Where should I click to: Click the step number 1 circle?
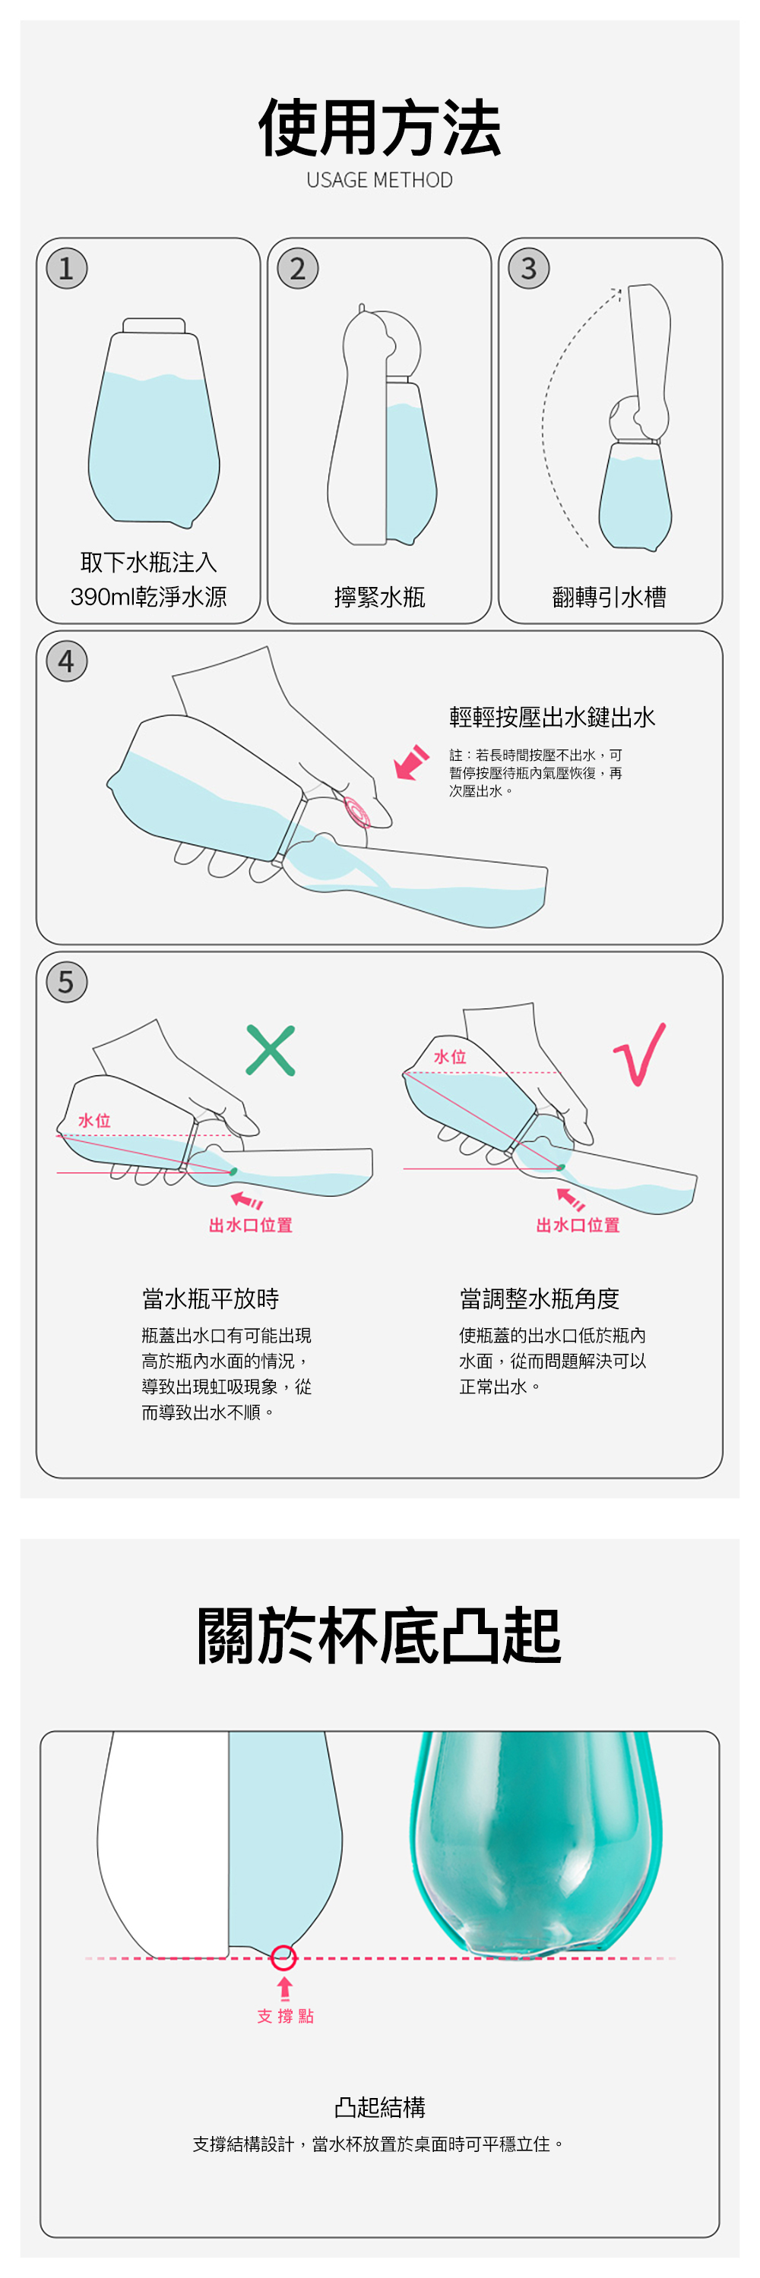coord(66,268)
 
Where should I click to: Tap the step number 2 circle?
coord(297,268)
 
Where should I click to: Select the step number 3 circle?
coord(529,268)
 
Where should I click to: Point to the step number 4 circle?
coord(66,661)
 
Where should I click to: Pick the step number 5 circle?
coord(66,982)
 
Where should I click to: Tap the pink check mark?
coord(640,1054)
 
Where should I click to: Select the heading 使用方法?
coord(379,128)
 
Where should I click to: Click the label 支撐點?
coord(285,2016)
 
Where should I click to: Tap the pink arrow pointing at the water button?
coord(411,763)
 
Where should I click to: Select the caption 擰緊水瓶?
coord(379,597)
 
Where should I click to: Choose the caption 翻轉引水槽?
coord(610,597)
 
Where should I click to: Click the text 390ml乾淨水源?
coord(149,597)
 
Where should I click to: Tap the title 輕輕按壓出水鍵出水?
coord(552,717)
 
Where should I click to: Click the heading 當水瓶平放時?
coord(211,1298)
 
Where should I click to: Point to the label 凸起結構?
coord(379,2107)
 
